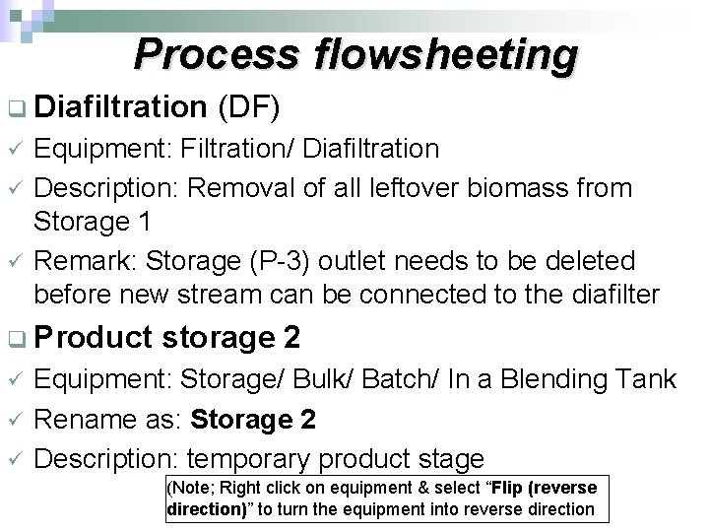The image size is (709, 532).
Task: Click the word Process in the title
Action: (x=219, y=56)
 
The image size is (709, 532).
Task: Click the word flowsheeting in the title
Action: (x=445, y=56)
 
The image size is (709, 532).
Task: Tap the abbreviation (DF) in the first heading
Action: (x=251, y=106)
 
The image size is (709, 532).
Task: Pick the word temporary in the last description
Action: (x=256, y=458)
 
